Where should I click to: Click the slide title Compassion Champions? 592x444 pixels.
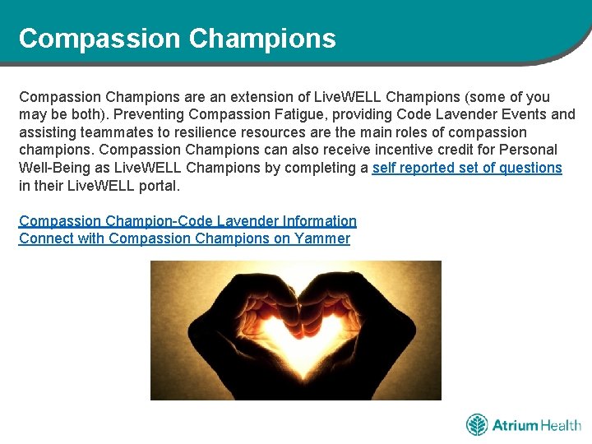point(177,39)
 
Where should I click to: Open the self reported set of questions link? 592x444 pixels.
point(467,168)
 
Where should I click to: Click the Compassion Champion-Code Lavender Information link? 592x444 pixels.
point(187,221)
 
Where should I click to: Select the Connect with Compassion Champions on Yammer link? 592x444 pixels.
point(184,239)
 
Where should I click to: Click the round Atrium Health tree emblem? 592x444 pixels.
point(477,425)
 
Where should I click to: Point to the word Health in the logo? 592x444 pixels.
point(561,425)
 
